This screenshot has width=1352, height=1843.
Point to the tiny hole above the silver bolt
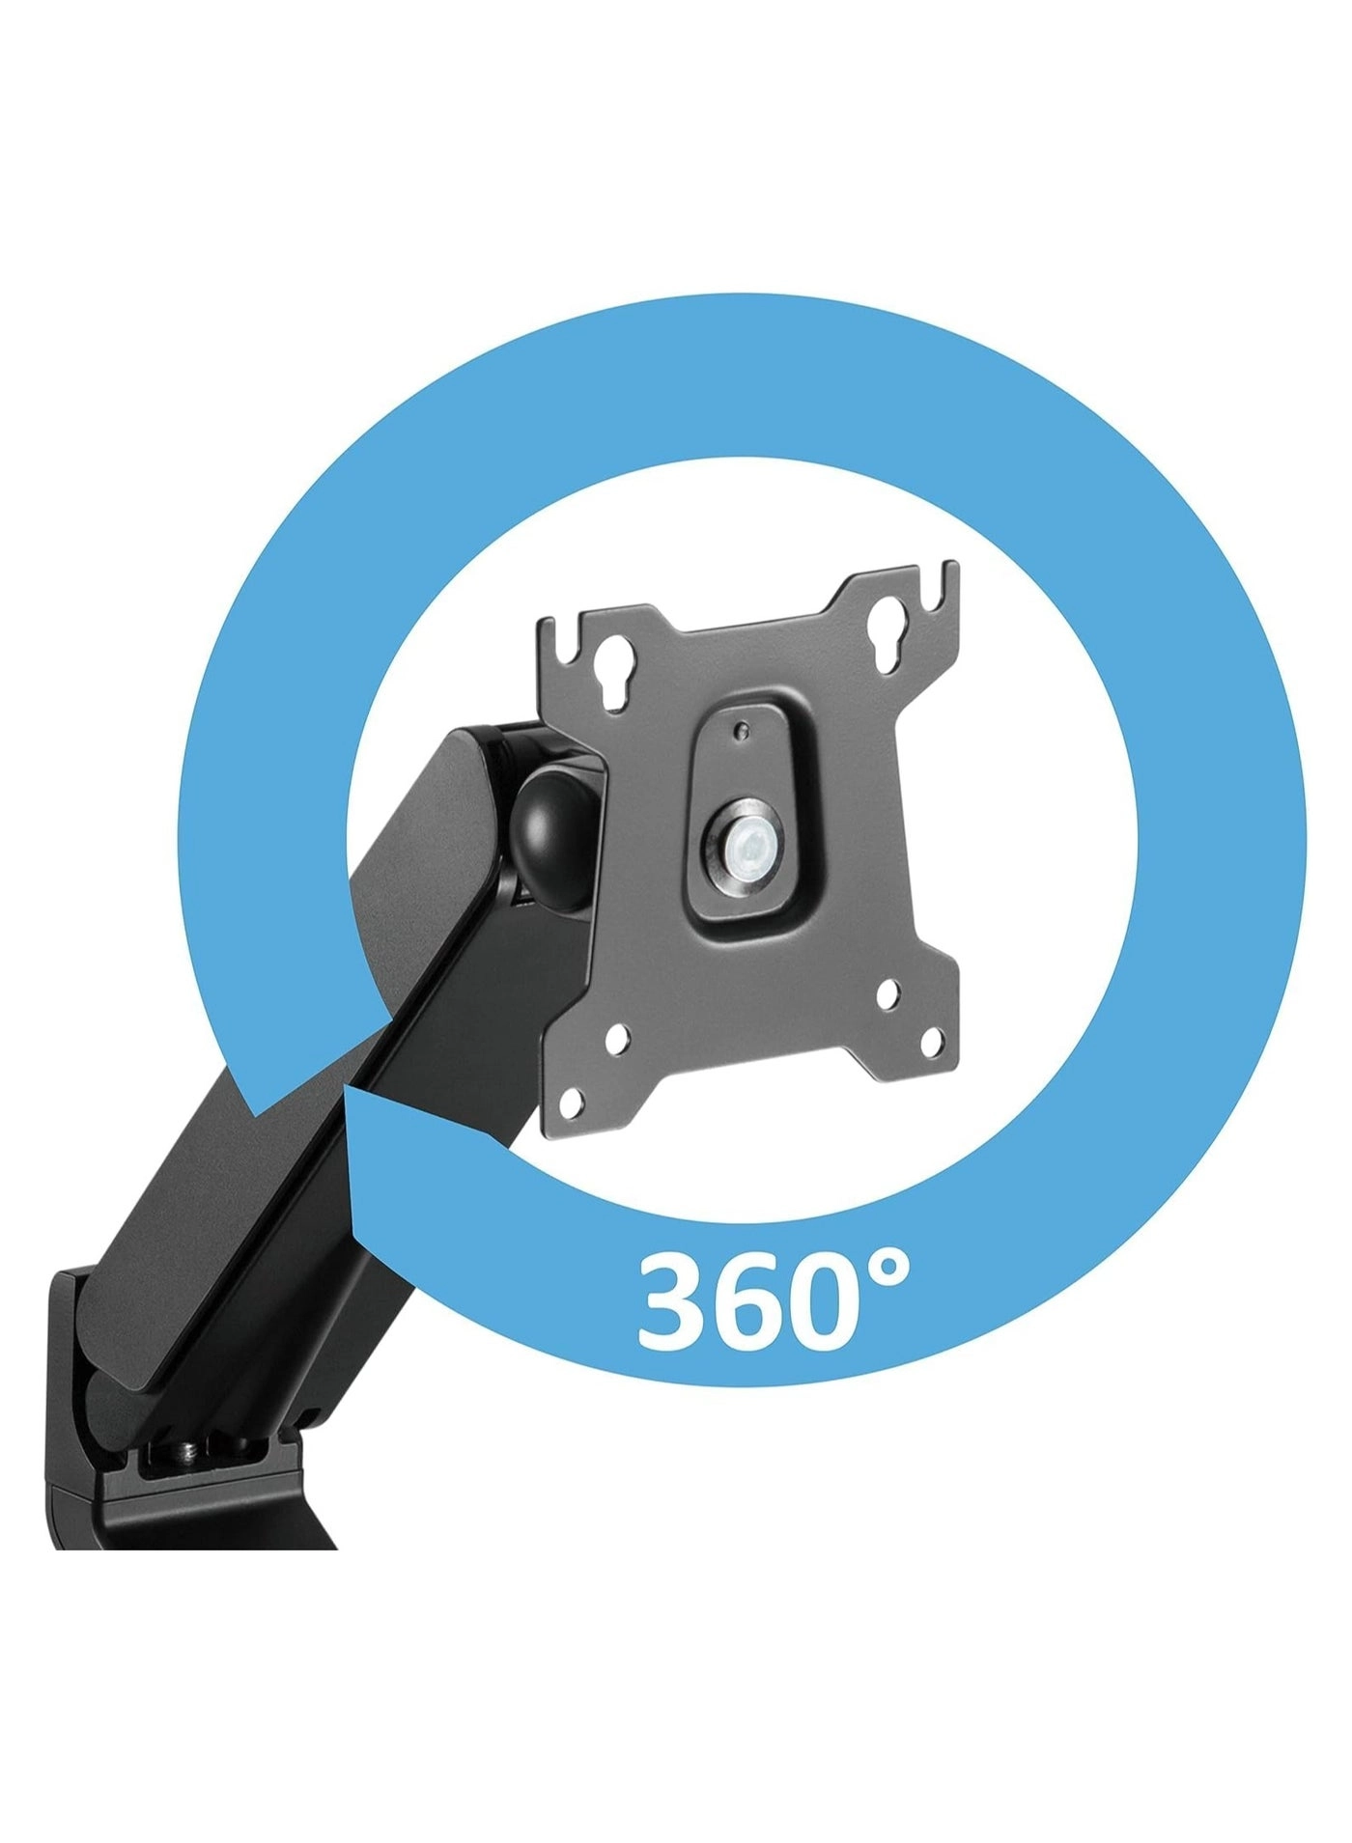[742, 731]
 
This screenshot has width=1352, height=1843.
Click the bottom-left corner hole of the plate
[574, 1100]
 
